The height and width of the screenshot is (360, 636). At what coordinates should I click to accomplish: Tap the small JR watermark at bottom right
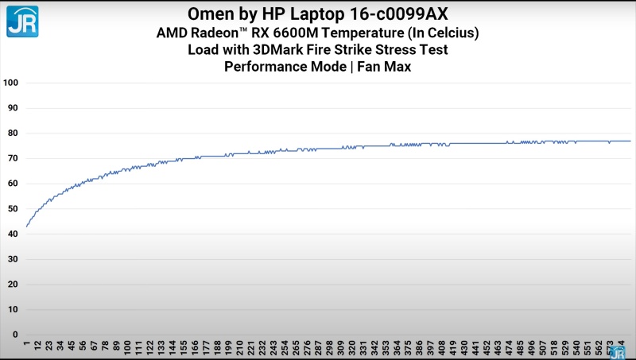tap(616, 351)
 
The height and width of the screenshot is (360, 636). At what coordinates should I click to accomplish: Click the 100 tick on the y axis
tap(11, 83)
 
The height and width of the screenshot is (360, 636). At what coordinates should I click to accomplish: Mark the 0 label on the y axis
tap(16, 335)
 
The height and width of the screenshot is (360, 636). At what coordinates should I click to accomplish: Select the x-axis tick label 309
tap(341, 347)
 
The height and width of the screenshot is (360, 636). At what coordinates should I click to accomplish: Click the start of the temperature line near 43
tap(27, 226)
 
